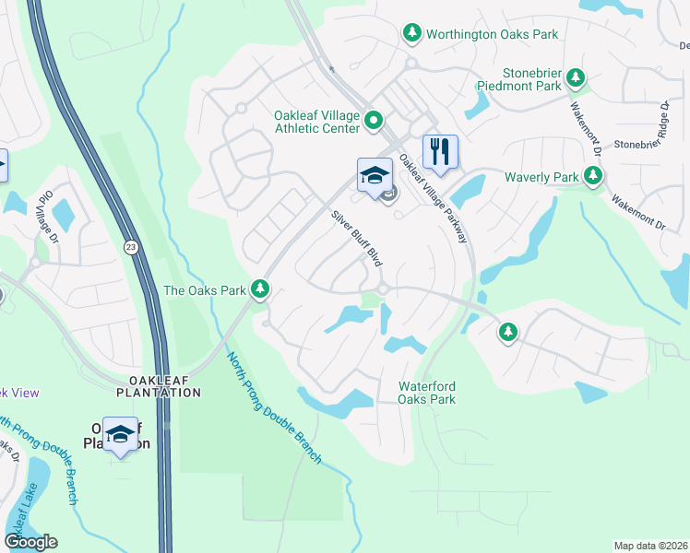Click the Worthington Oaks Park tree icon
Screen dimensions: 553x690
pos(412,34)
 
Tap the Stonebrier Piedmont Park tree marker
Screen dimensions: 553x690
pos(577,78)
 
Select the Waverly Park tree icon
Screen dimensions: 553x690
pos(593,176)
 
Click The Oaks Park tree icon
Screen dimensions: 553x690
pos(261,290)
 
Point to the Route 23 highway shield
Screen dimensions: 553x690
pos(132,248)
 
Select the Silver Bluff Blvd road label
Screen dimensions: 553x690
pos(357,238)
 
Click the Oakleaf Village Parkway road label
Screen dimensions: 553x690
pos(434,199)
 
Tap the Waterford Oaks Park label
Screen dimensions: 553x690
pos(426,393)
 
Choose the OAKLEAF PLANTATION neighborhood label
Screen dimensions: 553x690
pos(159,386)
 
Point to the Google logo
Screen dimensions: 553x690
pos(31,542)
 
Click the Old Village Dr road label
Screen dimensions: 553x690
pos(42,214)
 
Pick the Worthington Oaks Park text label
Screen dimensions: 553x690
pos(493,34)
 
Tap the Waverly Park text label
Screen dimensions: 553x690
pos(541,176)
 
